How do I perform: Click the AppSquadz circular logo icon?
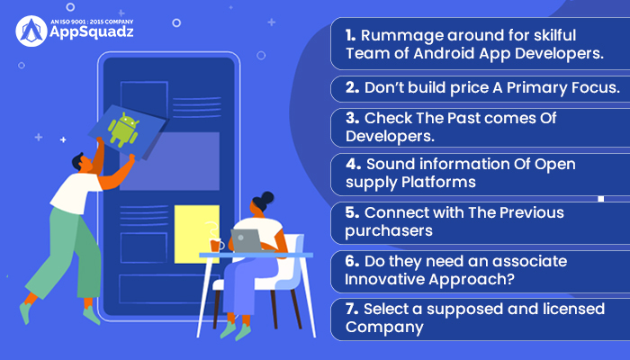point(31,31)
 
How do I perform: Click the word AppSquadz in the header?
point(92,32)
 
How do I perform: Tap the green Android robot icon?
point(123,129)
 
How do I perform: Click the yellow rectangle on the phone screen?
point(197,234)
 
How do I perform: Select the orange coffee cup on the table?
point(216,246)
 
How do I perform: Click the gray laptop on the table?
point(247,240)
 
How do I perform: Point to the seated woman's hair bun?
point(267,198)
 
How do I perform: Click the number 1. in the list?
point(350,35)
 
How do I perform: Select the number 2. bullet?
point(353,87)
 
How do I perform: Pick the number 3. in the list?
point(353,118)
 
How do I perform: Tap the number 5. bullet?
point(352,212)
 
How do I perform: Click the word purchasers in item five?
point(389,231)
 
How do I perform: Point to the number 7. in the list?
point(352,309)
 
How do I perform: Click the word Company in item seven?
point(384,328)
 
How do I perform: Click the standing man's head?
point(83,162)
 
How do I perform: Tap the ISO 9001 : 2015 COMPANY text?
point(92,22)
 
